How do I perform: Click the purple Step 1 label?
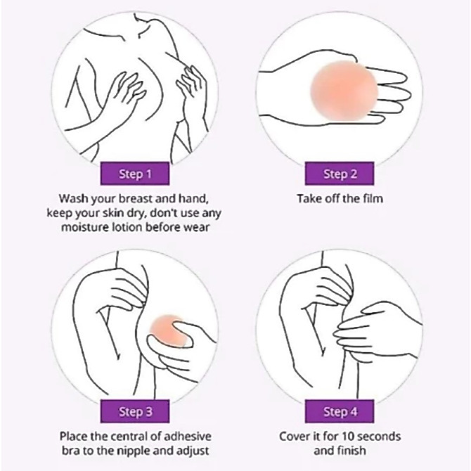(x=135, y=174)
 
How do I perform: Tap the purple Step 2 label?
(x=340, y=174)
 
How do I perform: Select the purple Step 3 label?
(x=135, y=411)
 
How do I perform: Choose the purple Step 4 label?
(x=340, y=411)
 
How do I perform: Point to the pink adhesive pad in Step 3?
(x=169, y=330)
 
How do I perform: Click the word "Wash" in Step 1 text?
(x=74, y=198)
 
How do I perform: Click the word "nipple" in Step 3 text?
(x=134, y=451)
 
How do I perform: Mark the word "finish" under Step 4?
(x=352, y=451)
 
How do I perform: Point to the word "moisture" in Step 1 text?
(x=84, y=227)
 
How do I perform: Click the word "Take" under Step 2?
(x=309, y=198)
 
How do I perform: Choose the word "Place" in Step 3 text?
(x=74, y=436)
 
